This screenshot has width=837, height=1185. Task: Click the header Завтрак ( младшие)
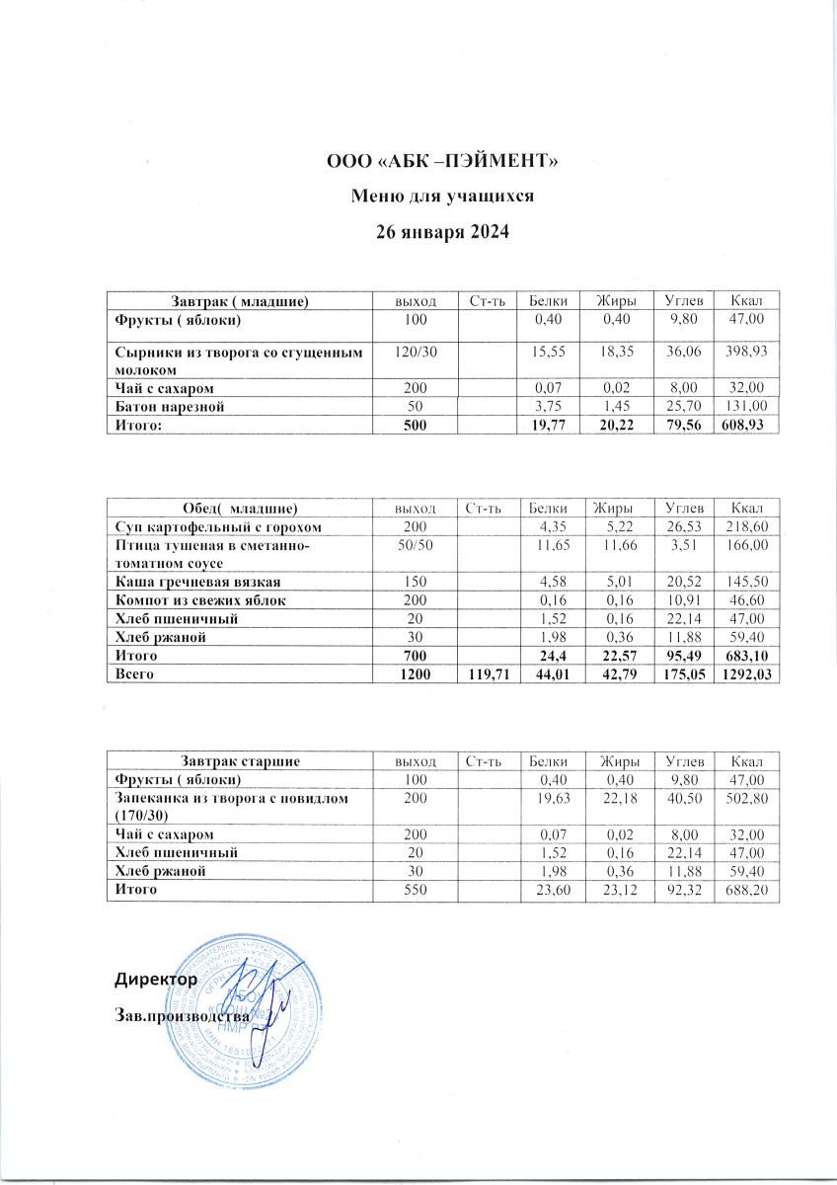pos(240,299)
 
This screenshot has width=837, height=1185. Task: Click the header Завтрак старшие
pos(240,760)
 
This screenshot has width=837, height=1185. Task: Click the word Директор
pos(156,980)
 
